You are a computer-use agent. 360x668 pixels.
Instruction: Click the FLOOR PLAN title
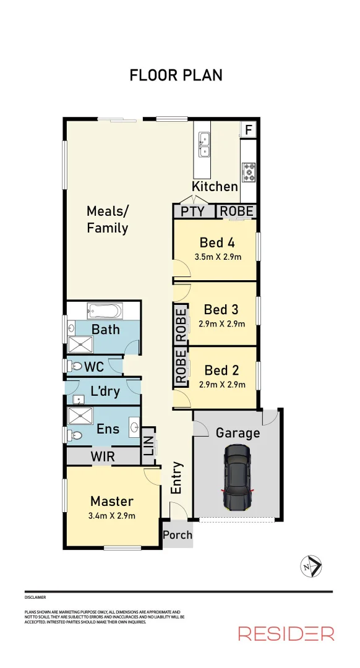(x=176, y=75)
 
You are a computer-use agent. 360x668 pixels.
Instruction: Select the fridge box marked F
(x=249, y=130)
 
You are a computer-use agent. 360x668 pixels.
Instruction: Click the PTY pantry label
(x=192, y=212)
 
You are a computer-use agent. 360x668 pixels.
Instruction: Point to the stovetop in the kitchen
(x=249, y=171)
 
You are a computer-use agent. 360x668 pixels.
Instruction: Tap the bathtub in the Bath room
(x=105, y=309)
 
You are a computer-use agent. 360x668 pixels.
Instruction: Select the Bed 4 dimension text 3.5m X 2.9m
(x=216, y=257)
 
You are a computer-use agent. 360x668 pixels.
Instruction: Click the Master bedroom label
(x=112, y=501)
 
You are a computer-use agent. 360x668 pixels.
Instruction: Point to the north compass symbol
(x=310, y=565)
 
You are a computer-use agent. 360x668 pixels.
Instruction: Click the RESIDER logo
(x=286, y=633)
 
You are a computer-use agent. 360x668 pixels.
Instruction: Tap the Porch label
(x=178, y=535)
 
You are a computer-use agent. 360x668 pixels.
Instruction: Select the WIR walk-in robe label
(x=103, y=456)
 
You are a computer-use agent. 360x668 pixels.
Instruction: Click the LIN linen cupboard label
(x=148, y=447)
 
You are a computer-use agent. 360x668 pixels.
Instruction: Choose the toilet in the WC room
(x=75, y=366)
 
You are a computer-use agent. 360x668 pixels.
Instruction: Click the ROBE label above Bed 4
(x=237, y=212)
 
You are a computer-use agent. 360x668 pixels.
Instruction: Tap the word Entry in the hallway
(x=177, y=477)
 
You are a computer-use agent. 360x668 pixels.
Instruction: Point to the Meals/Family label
(x=108, y=220)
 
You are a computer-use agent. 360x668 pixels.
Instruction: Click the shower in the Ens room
(x=79, y=414)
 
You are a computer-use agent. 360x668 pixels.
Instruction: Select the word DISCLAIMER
(x=35, y=597)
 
